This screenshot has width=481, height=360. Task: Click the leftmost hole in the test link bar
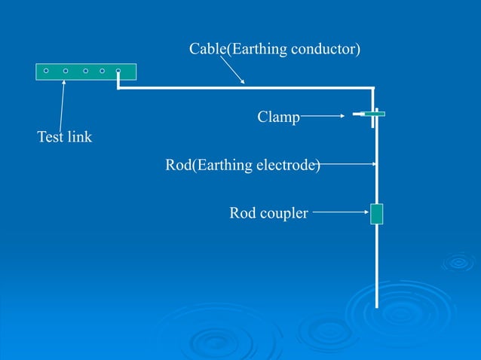(46, 71)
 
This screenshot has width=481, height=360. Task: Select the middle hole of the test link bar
(84, 71)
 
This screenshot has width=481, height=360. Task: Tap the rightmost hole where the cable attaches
(118, 71)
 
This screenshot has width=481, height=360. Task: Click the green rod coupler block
(376, 214)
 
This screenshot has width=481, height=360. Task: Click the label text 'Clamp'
(278, 117)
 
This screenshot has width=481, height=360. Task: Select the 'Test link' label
(64, 137)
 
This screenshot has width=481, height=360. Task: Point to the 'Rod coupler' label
(268, 214)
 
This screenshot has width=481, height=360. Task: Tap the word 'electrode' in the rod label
(289, 164)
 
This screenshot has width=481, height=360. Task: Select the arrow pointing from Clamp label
(324, 116)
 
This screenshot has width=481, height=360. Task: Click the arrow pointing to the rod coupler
(340, 213)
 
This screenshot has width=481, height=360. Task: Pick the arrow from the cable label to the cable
(234, 70)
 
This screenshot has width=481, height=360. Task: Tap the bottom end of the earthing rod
(376, 305)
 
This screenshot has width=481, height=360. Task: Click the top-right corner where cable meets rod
(373, 89)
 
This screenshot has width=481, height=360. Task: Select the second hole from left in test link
(66, 71)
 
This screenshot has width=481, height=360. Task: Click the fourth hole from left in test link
(102, 71)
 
